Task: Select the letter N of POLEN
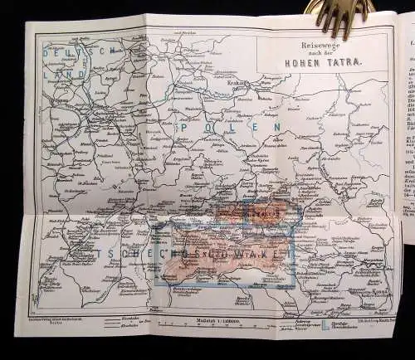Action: point(278,127)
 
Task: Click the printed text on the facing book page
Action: point(407,124)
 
